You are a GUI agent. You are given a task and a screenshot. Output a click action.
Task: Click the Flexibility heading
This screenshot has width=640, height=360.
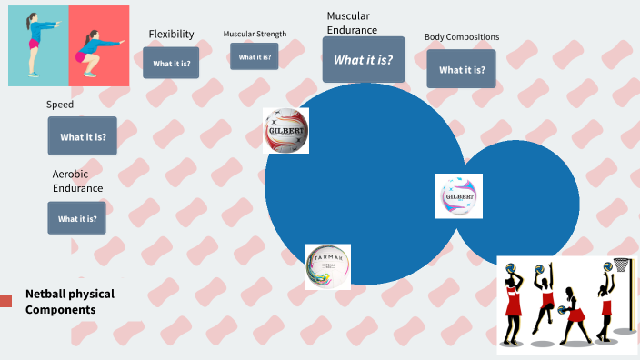(171, 35)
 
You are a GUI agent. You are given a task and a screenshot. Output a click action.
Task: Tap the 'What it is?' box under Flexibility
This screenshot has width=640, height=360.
(171, 63)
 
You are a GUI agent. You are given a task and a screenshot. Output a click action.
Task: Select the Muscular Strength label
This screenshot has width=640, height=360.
(255, 35)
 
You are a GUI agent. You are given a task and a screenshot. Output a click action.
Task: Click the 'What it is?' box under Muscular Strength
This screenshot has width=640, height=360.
(254, 56)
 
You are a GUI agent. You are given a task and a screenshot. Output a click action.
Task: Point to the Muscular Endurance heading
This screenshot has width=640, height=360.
(352, 23)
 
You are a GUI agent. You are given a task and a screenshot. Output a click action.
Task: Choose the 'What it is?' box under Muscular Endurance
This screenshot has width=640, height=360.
(363, 60)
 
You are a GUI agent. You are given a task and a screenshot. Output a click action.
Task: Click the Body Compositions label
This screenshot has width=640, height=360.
(461, 37)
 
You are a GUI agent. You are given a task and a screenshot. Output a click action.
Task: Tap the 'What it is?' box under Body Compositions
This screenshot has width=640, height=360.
(461, 69)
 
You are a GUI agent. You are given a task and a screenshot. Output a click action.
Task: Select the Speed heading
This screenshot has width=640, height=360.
(60, 105)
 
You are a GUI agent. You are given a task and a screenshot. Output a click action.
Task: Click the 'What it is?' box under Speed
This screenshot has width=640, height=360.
(83, 136)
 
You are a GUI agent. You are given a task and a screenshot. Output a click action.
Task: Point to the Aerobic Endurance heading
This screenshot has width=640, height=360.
(77, 181)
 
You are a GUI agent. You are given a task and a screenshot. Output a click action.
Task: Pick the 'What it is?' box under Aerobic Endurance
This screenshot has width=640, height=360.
(76, 218)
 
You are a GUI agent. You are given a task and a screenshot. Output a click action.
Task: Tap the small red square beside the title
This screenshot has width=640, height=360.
(5, 301)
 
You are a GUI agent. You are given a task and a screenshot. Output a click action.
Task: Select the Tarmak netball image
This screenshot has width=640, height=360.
(327, 266)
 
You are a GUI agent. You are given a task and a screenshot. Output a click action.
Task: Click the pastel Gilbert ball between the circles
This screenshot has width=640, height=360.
(458, 196)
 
